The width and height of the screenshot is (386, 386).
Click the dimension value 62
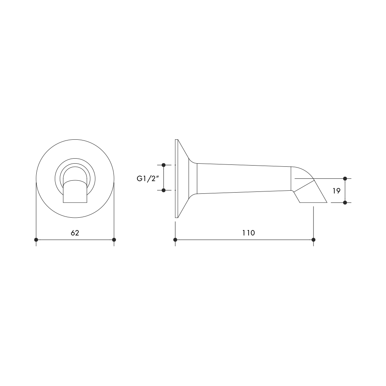tap(75, 233)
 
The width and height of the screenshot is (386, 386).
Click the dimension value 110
tap(248, 233)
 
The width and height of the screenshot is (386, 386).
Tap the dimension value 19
tap(337, 191)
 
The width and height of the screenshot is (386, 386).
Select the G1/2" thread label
tap(147, 179)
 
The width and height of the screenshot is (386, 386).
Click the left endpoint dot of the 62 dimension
tap(36, 240)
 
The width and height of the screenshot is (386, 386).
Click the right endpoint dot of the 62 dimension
tap(114, 240)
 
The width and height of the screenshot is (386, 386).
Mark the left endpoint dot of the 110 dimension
tap(175, 240)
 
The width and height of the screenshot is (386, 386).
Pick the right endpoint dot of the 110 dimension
tap(313, 240)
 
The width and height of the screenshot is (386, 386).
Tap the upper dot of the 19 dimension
tap(345, 178)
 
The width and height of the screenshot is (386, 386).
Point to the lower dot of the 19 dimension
tap(345, 203)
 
